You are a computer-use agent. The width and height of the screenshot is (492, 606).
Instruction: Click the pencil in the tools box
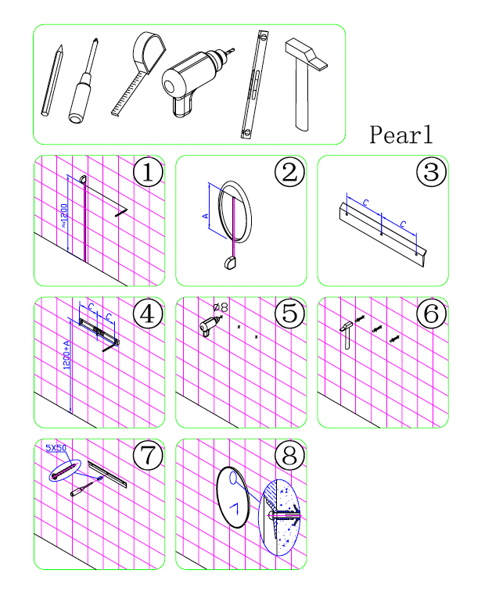52,81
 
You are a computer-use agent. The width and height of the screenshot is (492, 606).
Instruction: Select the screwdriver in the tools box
83,81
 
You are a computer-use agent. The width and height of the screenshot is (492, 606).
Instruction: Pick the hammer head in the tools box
306,54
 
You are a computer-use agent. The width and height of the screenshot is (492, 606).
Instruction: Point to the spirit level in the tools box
254,84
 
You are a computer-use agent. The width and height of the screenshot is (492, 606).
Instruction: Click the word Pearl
400,134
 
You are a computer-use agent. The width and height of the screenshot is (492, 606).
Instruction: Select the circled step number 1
148,171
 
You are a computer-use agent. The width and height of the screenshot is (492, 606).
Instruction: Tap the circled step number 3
432,171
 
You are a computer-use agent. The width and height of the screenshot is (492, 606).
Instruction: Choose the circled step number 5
290,314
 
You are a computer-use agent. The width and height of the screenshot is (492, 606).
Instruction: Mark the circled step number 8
290,455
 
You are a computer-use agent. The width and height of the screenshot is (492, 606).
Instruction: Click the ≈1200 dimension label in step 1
64,216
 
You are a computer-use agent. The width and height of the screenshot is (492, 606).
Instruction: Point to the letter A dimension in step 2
206,216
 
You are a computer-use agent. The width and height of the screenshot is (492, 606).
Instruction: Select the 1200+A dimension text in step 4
66,355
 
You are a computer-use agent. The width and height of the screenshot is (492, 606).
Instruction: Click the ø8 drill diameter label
221,307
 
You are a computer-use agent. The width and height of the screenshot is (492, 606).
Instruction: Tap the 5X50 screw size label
56,448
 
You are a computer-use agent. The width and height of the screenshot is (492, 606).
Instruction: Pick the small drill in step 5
210,325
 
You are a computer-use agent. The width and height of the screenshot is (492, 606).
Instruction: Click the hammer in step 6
347,335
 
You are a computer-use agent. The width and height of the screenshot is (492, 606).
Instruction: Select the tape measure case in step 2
230,263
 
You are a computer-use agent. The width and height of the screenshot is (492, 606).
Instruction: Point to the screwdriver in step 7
87,486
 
